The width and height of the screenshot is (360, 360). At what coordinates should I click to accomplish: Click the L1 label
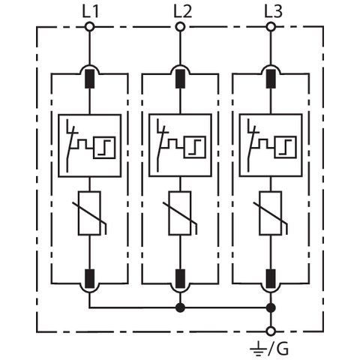91,12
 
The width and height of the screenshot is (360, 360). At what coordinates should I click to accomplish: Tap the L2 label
183,12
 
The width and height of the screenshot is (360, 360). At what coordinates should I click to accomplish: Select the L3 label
274,12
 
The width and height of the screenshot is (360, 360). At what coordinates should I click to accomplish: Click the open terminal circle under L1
89,27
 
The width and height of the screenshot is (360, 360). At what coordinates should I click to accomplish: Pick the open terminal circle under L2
180,27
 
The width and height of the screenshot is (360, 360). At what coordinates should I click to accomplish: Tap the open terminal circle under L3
271,27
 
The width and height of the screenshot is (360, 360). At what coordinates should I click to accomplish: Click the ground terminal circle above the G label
271,331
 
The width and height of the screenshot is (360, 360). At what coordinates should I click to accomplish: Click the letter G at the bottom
282,349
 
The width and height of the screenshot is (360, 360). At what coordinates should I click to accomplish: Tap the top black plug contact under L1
90,79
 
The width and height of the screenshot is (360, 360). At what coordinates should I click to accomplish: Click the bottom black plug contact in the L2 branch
180,278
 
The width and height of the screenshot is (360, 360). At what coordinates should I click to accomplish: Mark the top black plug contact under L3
271,79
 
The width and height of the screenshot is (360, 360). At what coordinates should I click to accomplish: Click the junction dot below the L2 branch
180,307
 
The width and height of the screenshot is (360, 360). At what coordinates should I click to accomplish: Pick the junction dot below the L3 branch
271,307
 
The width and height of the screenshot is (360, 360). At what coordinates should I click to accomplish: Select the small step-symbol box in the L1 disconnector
104,148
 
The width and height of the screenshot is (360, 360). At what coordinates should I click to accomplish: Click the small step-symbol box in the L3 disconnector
285,148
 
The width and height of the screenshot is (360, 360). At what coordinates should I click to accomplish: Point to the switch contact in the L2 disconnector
161,145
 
